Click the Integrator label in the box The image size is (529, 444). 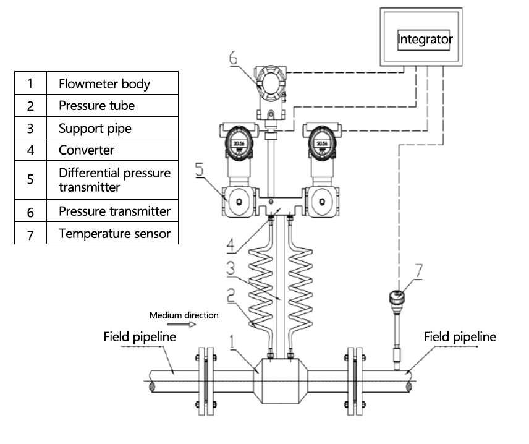[x=425, y=39]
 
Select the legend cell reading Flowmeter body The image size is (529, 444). [x=104, y=83]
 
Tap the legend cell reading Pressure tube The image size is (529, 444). [x=96, y=105]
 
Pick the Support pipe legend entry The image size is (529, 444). [x=95, y=129]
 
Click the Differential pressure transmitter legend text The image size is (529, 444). [x=114, y=179]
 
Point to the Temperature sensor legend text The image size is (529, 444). [x=114, y=234]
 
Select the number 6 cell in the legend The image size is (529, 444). [x=30, y=211]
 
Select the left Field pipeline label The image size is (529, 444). [x=140, y=338]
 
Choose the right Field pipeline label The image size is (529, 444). [x=460, y=337]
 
